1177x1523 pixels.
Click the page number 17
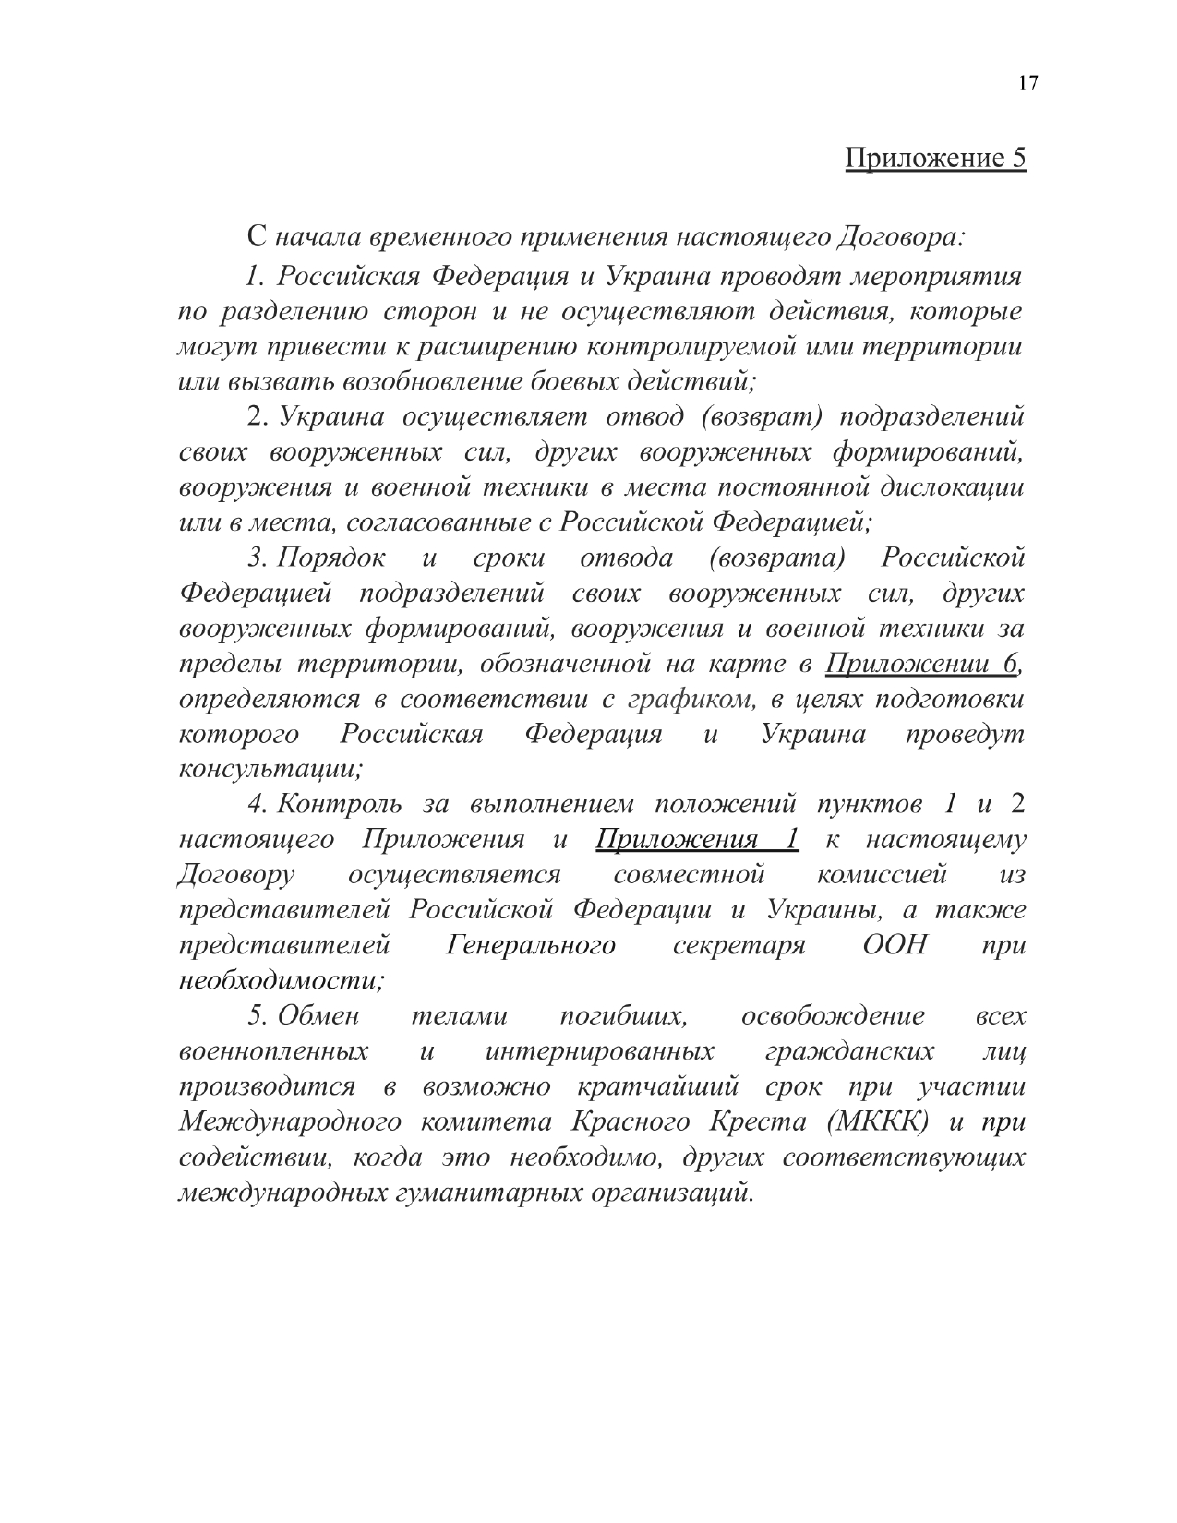point(1028,84)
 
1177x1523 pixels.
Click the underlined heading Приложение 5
point(935,158)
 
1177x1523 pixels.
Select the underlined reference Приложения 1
point(697,840)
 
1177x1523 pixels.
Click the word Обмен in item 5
point(318,1016)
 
